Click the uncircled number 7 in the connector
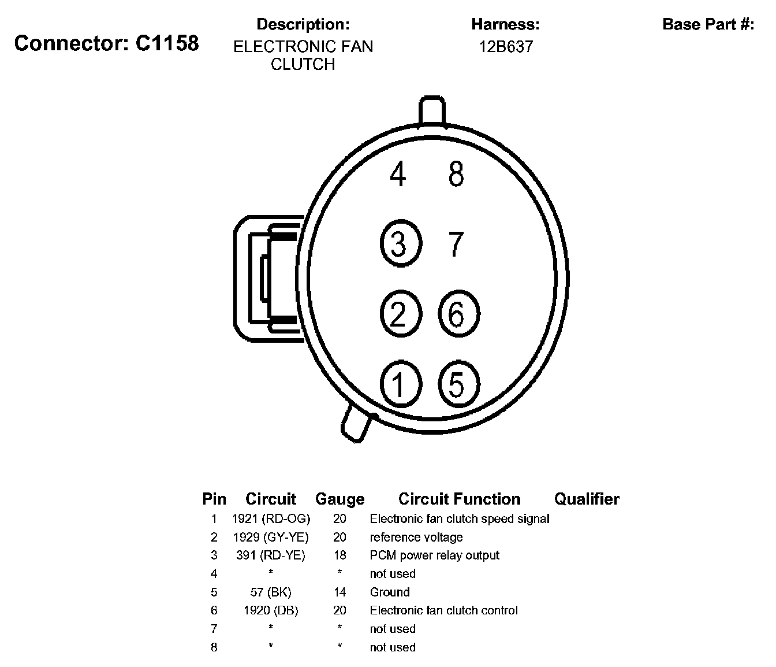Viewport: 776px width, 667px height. pos(456,243)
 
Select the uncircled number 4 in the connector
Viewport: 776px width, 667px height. pos(398,173)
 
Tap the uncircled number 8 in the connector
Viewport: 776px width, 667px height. pos(456,173)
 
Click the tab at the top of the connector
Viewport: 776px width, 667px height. pos(432,112)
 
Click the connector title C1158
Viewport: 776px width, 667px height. pos(106,43)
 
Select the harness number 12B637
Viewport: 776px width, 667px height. pos(505,46)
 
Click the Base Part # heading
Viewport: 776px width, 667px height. pos(708,24)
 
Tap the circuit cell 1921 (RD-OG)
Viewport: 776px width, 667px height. pos(271,518)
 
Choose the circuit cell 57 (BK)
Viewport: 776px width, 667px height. pos(271,592)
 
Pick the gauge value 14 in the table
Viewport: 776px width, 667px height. pos(339,592)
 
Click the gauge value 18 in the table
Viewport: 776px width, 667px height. pos(339,555)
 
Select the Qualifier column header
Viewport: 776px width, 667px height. pos(587,499)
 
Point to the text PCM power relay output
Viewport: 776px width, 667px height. pos(434,555)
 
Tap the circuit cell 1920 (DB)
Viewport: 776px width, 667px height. pos(271,610)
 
